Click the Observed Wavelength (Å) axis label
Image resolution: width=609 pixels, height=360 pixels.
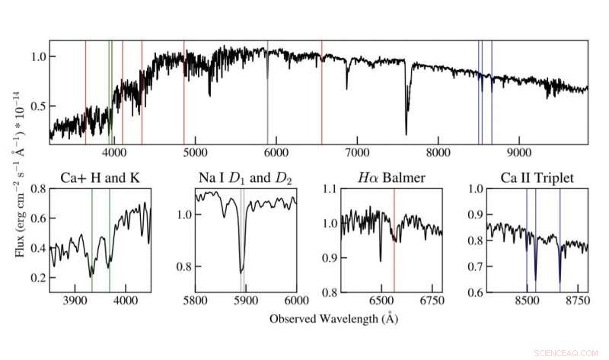[333, 319]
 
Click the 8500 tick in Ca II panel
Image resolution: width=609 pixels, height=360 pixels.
[526, 301]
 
